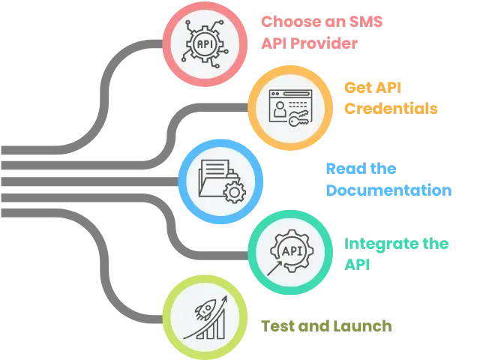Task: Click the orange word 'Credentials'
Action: [389, 108]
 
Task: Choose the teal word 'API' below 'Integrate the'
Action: [356, 263]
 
